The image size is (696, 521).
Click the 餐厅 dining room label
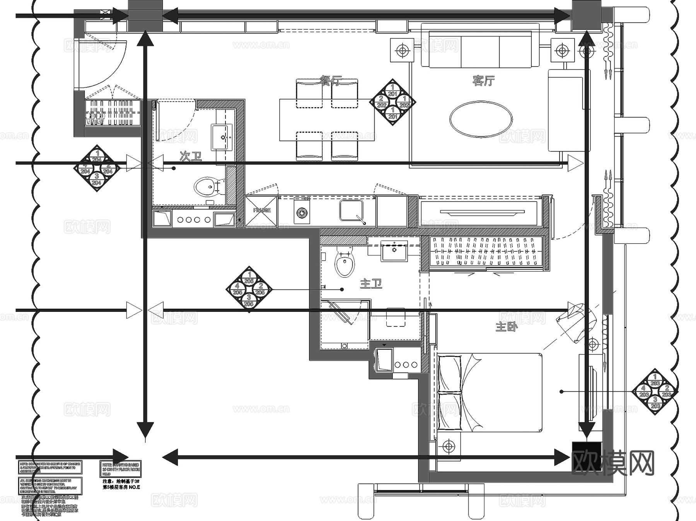pos(331,80)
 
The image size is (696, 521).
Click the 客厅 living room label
pos(483,80)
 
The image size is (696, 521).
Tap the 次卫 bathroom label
pos(191,156)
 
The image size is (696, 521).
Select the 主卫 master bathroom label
pos(371,284)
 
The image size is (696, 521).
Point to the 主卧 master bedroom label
pos(506,327)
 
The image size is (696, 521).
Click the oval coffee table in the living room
pos(481,119)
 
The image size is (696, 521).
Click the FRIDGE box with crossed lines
pos(261,211)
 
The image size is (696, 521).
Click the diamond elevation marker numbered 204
pos(97,168)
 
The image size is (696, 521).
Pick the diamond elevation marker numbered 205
pos(249,289)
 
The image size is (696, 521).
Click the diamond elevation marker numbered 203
pos(655,391)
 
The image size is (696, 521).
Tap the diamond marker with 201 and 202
pos(392,102)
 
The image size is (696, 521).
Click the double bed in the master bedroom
pos(489,393)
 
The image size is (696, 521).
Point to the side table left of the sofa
pos(402,50)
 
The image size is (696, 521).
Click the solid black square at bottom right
pos(586,456)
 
